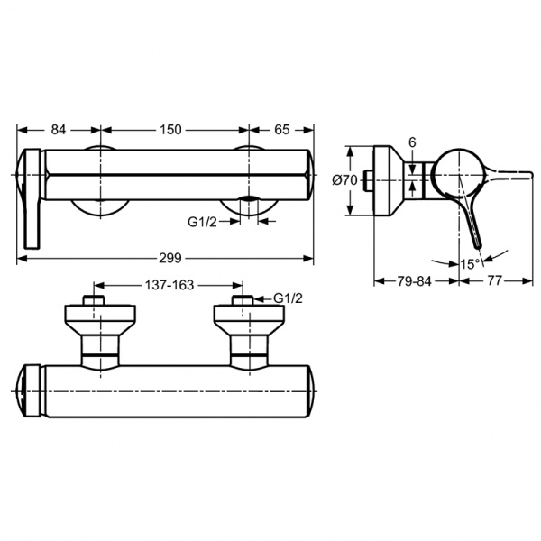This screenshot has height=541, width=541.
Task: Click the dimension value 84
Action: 59,130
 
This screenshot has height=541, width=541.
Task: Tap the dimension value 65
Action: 281,130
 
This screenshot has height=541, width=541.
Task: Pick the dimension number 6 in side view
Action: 411,143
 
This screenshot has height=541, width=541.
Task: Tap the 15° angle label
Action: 469,264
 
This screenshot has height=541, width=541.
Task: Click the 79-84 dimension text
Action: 415,281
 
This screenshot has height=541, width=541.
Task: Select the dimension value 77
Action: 494,281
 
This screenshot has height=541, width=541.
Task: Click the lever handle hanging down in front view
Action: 31,203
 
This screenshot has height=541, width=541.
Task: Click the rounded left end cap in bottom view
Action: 29,390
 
